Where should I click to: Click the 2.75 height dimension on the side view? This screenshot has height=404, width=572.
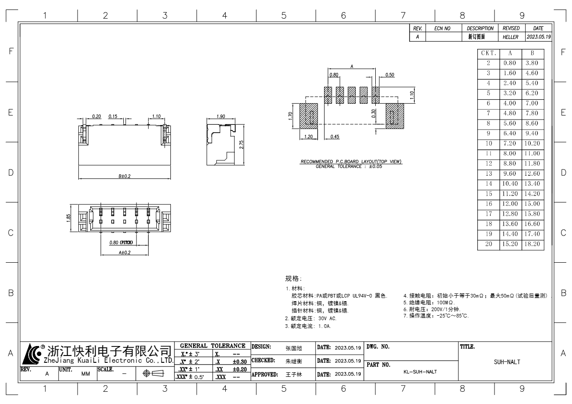(x=242, y=144)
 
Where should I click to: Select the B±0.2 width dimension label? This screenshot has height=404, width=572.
(x=125, y=176)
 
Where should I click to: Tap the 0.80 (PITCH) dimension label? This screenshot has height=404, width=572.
(x=121, y=242)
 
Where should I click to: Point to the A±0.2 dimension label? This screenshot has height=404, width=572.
(x=125, y=252)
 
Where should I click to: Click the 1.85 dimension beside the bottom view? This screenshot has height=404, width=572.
(x=68, y=218)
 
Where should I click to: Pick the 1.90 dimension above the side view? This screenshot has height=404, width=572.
(x=221, y=116)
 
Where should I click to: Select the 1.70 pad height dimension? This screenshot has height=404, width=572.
(x=290, y=116)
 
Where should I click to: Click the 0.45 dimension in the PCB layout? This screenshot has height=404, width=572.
(x=335, y=136)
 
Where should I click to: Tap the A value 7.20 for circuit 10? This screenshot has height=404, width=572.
(x=510, y=144)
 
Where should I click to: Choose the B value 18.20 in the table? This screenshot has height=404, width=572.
(x=532, y=244)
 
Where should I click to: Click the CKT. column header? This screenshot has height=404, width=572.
(x=489, y=53)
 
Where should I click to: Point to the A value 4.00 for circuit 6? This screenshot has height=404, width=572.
(x=510, y=103)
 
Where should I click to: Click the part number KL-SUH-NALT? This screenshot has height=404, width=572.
(x=420, y=372)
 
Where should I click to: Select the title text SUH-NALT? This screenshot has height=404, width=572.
(x=507, y=362)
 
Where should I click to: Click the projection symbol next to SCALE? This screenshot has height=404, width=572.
(x=155, y=374)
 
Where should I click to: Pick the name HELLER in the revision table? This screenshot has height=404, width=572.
(x=510, y=37)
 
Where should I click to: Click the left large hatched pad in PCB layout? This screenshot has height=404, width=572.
(x=309, y=116)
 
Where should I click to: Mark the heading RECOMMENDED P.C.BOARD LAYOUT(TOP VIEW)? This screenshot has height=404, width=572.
(x=351, y=162)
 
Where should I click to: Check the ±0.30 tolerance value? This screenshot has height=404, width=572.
(x=239, y=361)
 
